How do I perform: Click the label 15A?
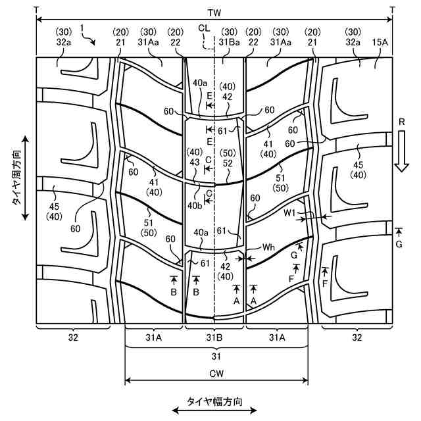coord(380,44)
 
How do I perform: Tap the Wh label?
coord(268,248)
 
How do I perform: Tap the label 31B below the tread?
coord(215,337)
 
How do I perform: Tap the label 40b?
coord(195,206)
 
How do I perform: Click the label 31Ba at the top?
coord(230,43)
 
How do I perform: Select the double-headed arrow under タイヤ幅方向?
coord(214,411)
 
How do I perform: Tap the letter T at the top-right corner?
coord(393,9)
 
